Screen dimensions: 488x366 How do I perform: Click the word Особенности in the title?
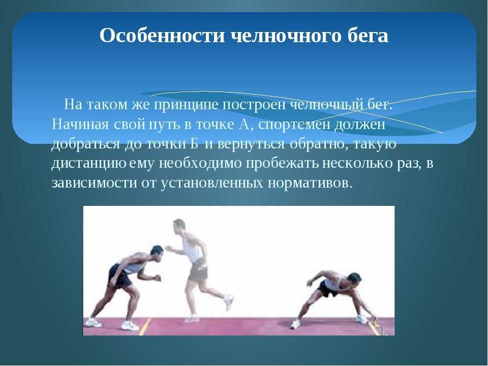pos(162,36)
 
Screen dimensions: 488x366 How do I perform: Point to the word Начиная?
pos(80,125)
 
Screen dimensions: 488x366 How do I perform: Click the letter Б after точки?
pos(194,143)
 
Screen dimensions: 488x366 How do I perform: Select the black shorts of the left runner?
pos(119,277)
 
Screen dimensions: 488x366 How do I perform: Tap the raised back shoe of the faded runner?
pos(229,302)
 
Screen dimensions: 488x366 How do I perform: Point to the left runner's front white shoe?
pos(130,325)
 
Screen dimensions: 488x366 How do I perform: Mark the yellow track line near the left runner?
pos(145,326)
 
